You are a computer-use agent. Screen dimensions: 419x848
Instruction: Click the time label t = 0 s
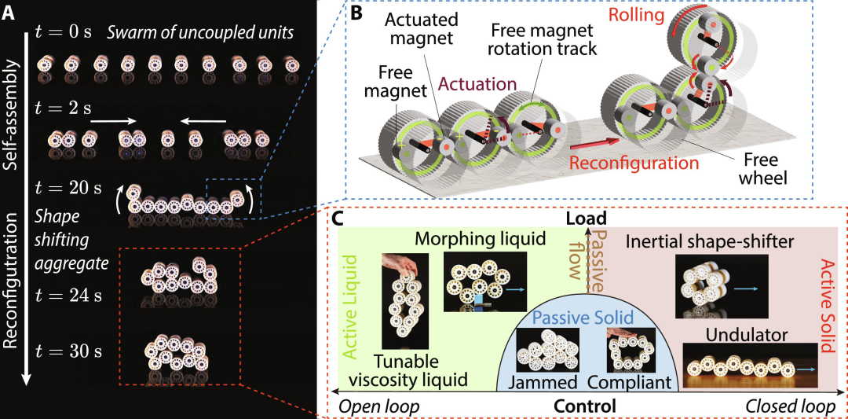coord(64,32)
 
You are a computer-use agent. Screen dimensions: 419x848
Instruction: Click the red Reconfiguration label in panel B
coord(634,163)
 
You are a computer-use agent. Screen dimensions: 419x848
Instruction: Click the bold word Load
coord(587,220)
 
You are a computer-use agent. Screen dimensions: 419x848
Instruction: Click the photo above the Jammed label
coord(546,350)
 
